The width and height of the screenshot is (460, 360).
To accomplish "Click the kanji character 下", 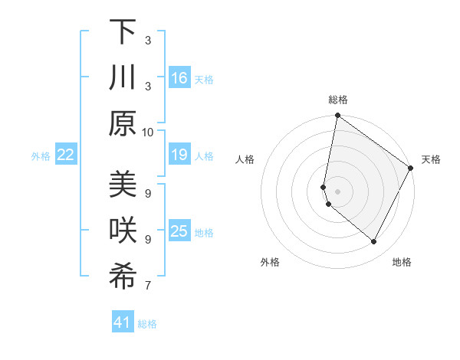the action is tap(123, 32).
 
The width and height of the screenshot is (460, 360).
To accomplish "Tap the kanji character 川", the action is tap(123, 78).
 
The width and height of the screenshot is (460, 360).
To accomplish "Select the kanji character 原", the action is tap(123, 123).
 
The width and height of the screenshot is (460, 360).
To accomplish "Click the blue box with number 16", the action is tap(179, 78).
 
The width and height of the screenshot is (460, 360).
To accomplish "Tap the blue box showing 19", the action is tap(179, 155).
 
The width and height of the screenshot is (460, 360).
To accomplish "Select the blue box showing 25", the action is tap(179, 232).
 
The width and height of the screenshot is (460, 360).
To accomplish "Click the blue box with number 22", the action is tap(66, 155).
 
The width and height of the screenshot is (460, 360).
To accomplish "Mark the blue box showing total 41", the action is tap(123, 322).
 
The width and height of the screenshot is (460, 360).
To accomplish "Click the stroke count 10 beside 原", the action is tap(148, 132).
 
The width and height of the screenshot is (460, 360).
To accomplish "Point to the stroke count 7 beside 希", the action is tap(148, 286).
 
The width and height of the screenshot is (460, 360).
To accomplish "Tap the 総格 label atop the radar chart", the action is tap(337, 100).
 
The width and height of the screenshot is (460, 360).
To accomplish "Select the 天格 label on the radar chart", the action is tap(431, 159).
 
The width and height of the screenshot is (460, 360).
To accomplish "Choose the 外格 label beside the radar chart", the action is tap(270, 262).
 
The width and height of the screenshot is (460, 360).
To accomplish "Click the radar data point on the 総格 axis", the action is tap(337, 116).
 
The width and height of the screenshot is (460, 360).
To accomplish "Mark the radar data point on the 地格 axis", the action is tap(374, 242).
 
